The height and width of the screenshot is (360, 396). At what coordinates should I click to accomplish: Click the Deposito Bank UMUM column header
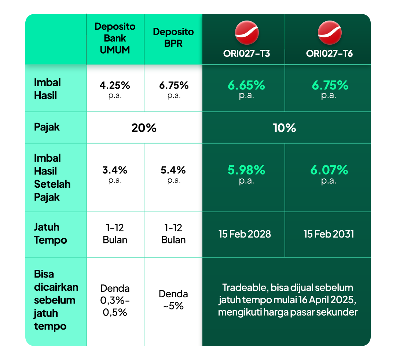point(115,38)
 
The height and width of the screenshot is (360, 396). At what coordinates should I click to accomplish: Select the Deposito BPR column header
point(173,37)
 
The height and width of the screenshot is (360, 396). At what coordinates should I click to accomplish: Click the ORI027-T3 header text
point(246,54)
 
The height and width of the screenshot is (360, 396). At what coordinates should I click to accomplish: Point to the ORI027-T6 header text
point(330,54)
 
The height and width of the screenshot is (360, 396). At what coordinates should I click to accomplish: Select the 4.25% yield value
point(115,85)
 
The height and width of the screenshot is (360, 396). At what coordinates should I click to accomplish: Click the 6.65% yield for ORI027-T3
point(246,85)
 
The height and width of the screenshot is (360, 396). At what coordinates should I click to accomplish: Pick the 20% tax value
point(144,128)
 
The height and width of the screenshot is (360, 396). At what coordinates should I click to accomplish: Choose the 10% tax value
point(285,128)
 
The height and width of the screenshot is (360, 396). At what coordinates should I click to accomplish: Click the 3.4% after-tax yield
point(115,170)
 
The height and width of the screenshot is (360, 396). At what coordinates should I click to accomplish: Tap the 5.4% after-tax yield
point(173,170)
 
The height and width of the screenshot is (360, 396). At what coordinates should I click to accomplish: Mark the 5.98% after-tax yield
point(246,170)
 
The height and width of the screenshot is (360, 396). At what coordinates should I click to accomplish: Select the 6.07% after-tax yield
point(330,170)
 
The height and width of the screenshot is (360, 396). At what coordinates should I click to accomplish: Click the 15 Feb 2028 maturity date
point(245,234)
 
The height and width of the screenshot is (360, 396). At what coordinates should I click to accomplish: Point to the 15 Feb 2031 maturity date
point(329,234)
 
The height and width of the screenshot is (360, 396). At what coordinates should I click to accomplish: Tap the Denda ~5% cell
point(173,300)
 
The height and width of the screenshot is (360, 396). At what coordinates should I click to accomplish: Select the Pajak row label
point(47,127)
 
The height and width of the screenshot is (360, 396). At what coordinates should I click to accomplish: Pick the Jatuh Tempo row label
point(51,234)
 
